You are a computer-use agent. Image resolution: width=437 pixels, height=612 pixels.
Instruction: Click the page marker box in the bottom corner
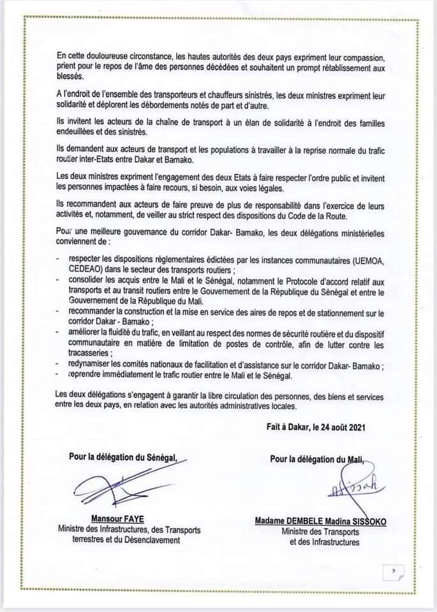tap(393, 571)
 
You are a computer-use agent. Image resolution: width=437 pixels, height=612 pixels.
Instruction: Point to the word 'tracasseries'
tap(90, 353)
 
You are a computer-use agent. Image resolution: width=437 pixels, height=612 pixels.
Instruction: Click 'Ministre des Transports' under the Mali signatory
tap(323, 531)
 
